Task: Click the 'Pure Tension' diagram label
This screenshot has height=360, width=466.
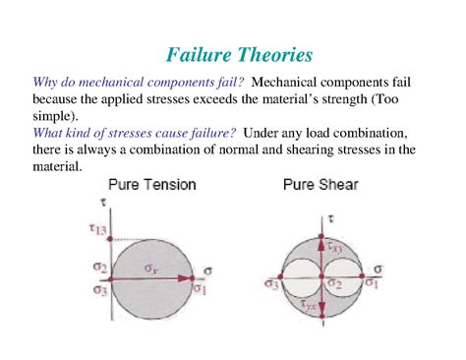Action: [x=154, y=184]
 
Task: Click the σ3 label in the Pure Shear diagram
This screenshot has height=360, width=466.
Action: [x=271, y=286]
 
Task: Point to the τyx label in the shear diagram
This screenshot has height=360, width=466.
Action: [x=336, y=317]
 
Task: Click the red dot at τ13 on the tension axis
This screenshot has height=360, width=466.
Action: [x=113, y=237]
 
